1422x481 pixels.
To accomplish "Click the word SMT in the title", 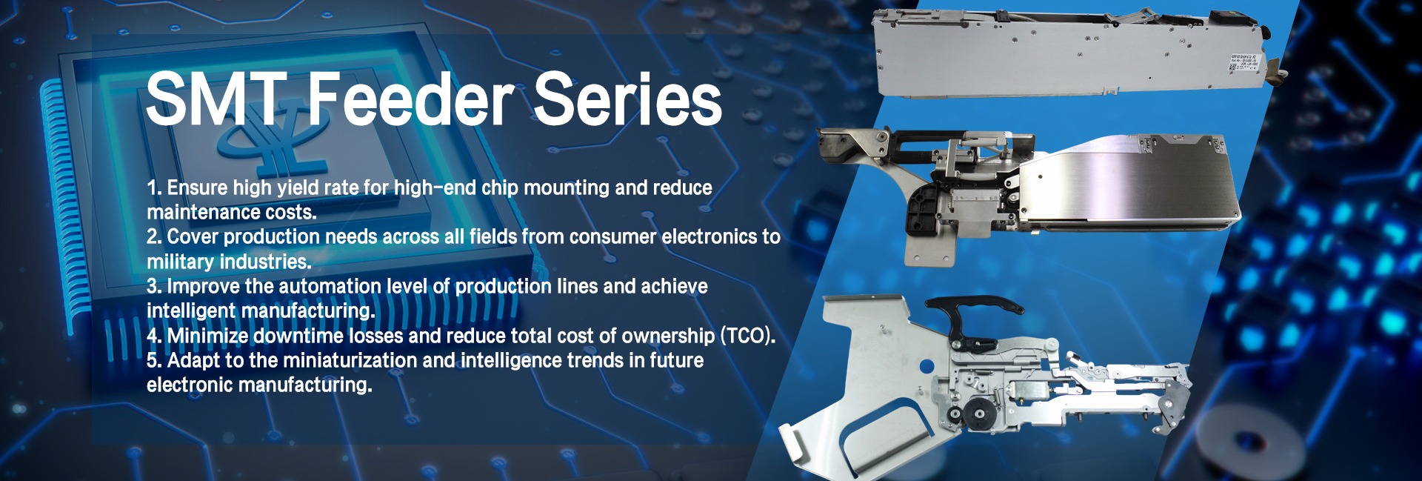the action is (x=216, y=99).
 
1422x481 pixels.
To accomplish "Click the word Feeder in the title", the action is (x=411, y=99).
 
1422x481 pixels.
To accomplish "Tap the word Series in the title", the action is (x=628, y=99).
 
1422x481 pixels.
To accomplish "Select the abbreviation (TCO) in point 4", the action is (x=748, y=336).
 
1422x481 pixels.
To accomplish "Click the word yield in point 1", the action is (x=297, y=188).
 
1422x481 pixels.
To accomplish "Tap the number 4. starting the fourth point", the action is (x=154, y=336).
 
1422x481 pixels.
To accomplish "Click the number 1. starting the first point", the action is (x=153, y=188).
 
